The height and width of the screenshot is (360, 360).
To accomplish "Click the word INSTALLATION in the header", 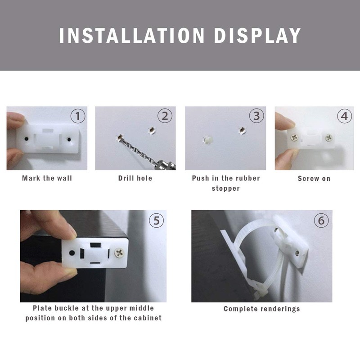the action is (131, 36).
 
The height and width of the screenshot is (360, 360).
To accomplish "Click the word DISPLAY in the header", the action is (257, 36).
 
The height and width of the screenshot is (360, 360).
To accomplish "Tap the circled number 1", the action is (78, 116).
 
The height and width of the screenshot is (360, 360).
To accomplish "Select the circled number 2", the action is (165, 116).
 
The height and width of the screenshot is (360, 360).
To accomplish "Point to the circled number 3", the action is (256, 116).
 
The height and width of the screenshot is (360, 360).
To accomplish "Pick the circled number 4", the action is (344, 116).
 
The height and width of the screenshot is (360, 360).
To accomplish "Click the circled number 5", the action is (156, 220).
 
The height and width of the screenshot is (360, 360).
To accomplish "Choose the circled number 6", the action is (321, 220).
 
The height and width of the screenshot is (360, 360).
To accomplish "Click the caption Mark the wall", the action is (47, 178).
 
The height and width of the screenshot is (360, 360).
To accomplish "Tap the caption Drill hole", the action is (135, 178).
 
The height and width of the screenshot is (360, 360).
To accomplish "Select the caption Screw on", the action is (314, 179).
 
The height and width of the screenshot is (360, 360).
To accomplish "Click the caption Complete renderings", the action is (262, 309).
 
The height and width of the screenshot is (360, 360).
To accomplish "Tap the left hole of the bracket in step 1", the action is (27, 139).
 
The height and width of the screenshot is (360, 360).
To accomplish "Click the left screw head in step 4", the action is (294, 138).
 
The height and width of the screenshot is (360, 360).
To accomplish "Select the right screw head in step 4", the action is (328, 138).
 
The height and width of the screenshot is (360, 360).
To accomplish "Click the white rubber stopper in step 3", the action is (208, 140).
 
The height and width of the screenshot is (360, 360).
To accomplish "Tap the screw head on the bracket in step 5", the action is (119, 253).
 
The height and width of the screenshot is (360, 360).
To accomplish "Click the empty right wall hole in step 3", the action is (242, 130).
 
